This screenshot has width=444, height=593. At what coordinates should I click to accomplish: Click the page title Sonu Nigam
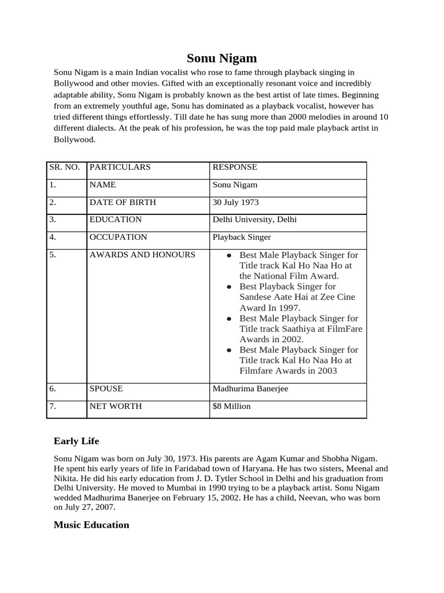tap(221, 58)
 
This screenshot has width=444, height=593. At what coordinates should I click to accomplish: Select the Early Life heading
tap(76, 441)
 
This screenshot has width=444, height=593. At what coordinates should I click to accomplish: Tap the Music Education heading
tap(91, 525)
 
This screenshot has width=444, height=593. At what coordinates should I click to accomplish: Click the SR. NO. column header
tap(64, 167)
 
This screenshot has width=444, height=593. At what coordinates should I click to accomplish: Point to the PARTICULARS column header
tap(120, 167)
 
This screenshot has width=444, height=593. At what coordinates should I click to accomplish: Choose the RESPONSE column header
tap(235, 167)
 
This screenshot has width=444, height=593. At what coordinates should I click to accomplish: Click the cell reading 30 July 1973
tap(235, 203)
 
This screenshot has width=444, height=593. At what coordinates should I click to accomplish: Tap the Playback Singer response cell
tap(242, 237)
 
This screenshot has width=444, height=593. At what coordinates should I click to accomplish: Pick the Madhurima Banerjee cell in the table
tap(250, 389)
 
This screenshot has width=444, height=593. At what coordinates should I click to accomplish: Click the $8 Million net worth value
tap(231, 407)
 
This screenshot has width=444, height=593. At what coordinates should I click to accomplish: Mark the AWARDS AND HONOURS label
tap(142, 255)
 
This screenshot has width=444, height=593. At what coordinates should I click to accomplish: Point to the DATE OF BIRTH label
tap(123, 203)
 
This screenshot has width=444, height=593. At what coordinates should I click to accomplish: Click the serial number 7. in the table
tap(53, 407)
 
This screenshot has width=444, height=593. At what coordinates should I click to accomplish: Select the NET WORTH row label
tap(116, 407)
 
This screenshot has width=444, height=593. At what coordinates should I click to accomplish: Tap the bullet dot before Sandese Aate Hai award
tap(230, 287)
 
